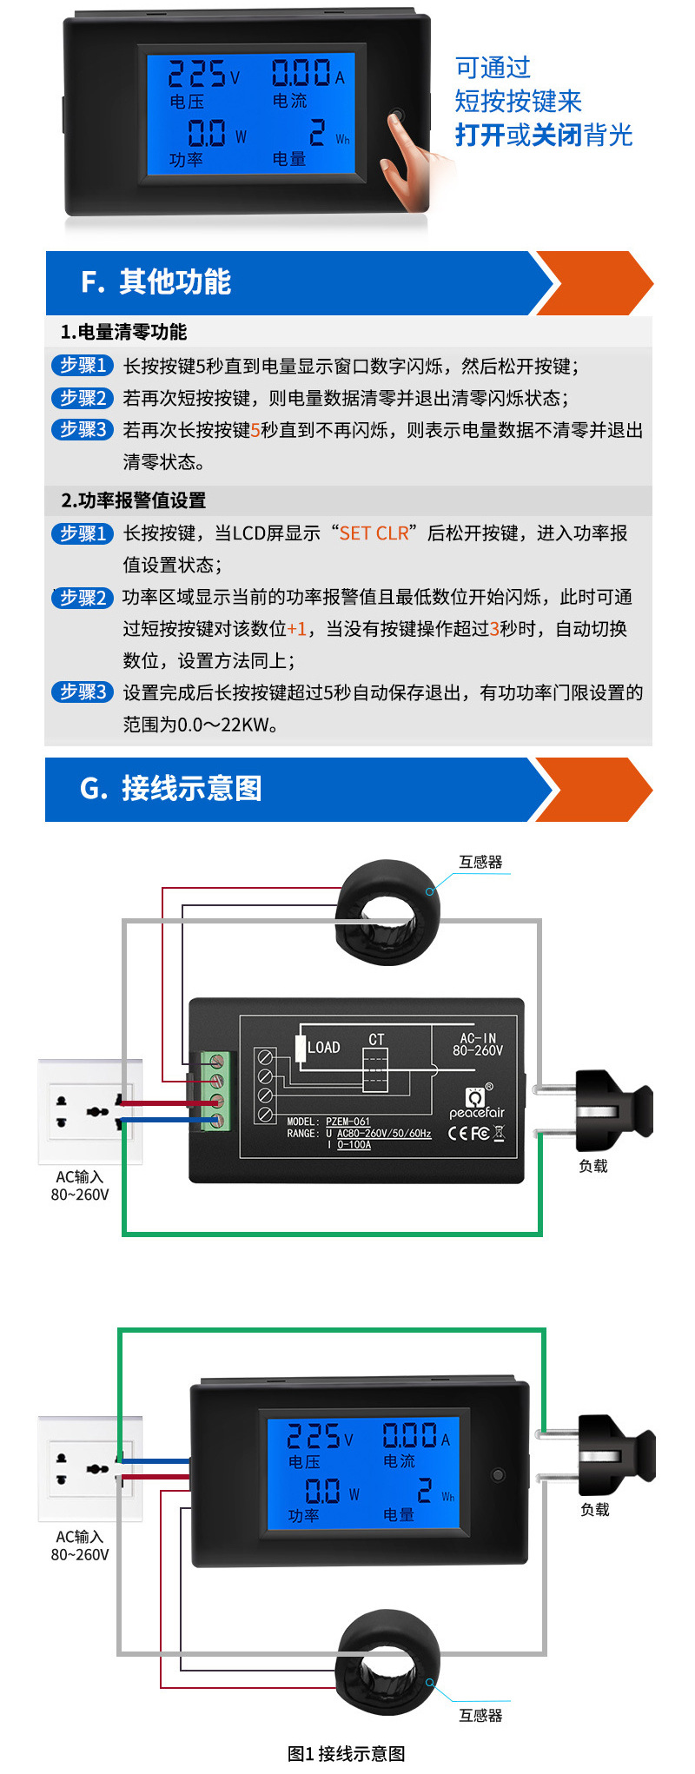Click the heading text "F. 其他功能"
tap(156, 282)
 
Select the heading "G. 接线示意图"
tap(170, 789)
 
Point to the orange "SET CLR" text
tap(374, 533)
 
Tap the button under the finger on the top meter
tap(397, 116)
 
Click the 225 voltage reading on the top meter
tap(197, 75)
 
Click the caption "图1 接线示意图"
tap(346, 1753)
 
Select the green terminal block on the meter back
tap(216, 1091)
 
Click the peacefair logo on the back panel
tap(477, 1103)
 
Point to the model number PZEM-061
tap(347, 1122)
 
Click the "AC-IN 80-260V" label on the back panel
tap(478, 1044)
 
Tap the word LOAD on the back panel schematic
tap(323, 1048)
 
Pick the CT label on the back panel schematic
tap(376, 1040)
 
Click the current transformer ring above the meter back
tap(387, 912)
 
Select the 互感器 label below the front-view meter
tap(480, 1715)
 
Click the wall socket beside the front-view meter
tap(90, 1468)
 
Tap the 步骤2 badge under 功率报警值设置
tap(83, 598)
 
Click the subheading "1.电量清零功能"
tap(123, 332)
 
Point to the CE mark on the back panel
tap(458, 1133)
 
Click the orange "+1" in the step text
tap(297, 629)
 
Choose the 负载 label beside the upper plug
tap(593, 1166)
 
